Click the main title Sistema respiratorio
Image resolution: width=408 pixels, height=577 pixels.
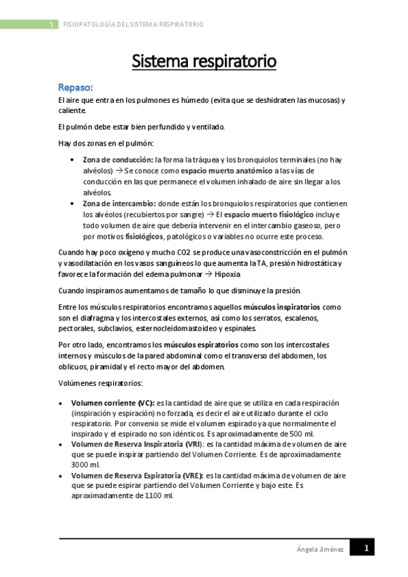pyautogui.click(x=204, y=61)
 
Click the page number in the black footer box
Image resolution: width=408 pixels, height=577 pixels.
pyautogui.click(x=365, y=548)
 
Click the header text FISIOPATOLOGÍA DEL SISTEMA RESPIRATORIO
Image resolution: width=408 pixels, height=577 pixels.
pyautogui.click(x=133, y=24)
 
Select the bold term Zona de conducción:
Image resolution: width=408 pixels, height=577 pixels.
pyautogui.click(x=112, y=159)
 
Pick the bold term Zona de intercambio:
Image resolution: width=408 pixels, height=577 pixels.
pyautogui.click(x=114, y=203)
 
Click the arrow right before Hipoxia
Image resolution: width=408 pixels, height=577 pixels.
pyautogui.click(x=208, y=275)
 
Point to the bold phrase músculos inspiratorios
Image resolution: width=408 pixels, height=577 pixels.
pyautogui.click(x=282, y=307)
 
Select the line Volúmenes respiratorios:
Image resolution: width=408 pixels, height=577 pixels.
pyautogui.click(x=101, y=382)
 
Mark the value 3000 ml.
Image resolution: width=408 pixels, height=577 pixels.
pyautogui.click(x=87, y=465)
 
